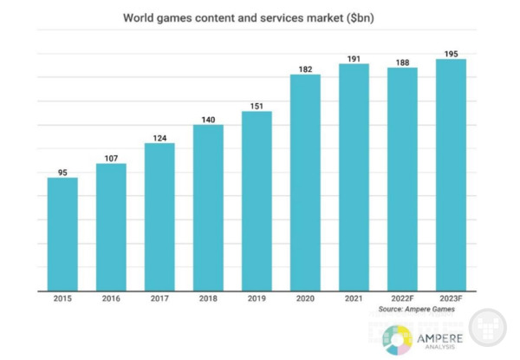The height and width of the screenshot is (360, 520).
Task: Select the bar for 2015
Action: (x=62, y=234)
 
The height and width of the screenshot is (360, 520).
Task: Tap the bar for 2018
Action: (x=208, y=208)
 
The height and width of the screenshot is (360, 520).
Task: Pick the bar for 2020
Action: (x=305, y=182)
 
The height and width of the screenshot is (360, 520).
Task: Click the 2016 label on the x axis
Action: (x=111, y=300)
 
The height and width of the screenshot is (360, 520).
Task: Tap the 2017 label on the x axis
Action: (x=159, y=300)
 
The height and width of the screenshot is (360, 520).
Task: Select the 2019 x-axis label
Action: (x=257, y=300)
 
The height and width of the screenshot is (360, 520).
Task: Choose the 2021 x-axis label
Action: (x=354, y=300)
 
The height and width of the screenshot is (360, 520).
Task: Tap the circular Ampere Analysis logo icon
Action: (x=397, y=338)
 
